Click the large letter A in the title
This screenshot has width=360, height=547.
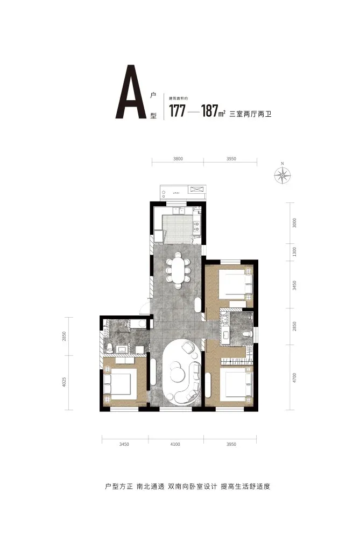(x=131, y=92)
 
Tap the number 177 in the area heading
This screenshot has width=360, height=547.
(x=177, y=111)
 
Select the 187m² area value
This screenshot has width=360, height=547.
(x=213, y=111)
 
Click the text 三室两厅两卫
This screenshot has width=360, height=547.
(x=250, y=114)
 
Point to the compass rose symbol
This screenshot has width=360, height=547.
(x=282, y=175)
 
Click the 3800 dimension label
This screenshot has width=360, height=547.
(x=178, y=159)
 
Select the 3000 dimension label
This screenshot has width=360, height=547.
(x=294, y=223)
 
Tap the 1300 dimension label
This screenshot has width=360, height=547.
(x=294, y=252)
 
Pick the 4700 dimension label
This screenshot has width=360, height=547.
(x=294, y=378)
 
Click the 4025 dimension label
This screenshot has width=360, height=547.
(x=64, y=382)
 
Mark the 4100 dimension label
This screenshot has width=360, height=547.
(x=175, y=444)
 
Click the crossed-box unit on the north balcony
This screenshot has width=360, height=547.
(x=197, y=189)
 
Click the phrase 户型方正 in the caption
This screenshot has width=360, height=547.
(x=119, y=486)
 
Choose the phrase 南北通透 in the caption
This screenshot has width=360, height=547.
(x=150, y=486)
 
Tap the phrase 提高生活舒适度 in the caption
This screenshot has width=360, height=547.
(x=245, y=486)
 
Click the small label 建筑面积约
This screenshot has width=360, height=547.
(x=179, y=99)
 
